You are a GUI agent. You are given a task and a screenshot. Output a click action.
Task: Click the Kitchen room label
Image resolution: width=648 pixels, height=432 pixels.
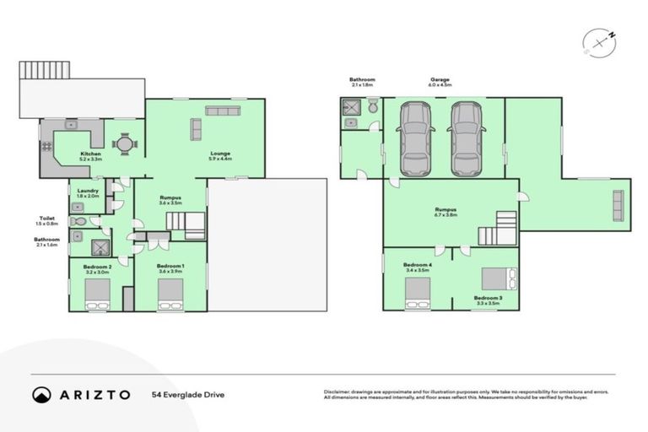click(x=90, y=156)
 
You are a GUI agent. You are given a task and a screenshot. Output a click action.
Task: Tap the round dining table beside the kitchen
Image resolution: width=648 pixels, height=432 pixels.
click(x=124, y=144)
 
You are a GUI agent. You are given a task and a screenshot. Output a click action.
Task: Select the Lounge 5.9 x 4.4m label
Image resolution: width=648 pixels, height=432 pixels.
click(x=219, y=156)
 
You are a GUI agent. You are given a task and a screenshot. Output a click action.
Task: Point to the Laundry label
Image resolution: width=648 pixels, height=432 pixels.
click(x=87, y=192)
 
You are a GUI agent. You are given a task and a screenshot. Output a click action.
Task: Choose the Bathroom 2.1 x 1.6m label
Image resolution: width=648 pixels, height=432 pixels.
click(x=46, y=241)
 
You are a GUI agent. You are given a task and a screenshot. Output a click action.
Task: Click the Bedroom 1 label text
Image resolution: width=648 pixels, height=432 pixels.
click(x=170, y=268)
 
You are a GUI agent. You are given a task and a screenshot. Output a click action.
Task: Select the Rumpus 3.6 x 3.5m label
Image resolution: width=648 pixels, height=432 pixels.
click(x=170, y=200)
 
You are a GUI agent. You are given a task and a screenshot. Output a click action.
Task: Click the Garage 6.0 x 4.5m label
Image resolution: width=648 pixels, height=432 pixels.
click(x=440, y=82)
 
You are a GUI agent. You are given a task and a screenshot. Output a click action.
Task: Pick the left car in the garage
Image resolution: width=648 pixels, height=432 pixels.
click(x=415, y=138)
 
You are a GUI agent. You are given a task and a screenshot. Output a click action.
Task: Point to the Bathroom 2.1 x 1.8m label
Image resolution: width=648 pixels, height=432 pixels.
click(x=362, y=82)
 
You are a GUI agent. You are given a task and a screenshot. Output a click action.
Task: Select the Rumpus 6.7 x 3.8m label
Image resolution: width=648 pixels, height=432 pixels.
click(x=446, y=213)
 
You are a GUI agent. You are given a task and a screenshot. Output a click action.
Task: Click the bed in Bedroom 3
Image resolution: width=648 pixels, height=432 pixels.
click(x=499, y=278)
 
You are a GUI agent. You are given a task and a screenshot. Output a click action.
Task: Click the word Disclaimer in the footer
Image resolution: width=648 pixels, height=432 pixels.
click(x=339, y=392)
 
